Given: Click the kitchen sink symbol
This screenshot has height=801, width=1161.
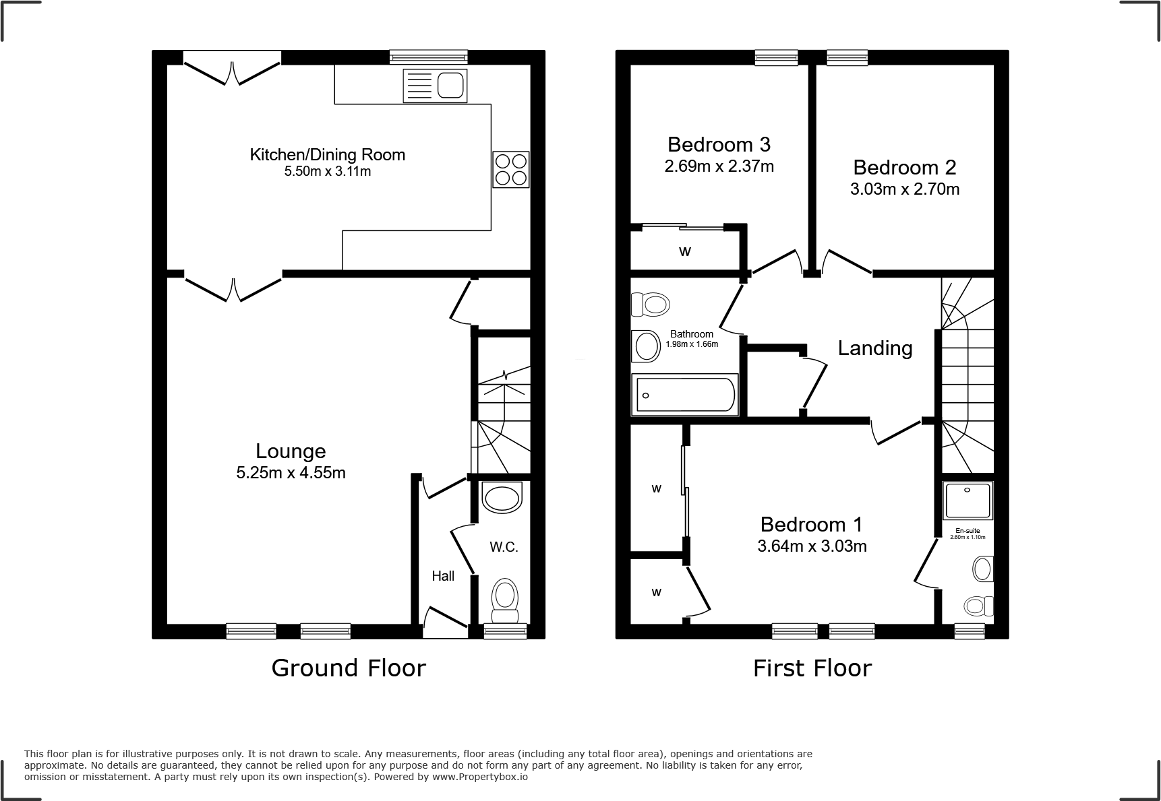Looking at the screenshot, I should tap(435, 86).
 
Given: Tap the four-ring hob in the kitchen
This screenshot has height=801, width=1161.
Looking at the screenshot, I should tap(510, 169).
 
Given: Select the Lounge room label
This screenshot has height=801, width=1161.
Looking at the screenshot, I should tap(291, 451).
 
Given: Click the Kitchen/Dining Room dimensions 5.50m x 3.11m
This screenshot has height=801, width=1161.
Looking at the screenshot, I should tap(328, 172).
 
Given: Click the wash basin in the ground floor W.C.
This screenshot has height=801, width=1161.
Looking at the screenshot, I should tap(503, 498).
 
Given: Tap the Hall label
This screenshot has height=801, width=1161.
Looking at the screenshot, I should tap(443, 576).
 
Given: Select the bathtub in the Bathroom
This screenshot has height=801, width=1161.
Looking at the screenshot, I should tap(684, 395).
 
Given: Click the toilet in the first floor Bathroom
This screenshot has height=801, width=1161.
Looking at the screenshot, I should tap(651, 305).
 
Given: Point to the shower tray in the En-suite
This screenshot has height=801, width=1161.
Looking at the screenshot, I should tap(968, 501).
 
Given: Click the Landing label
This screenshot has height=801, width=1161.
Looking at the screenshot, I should tap(874, 348).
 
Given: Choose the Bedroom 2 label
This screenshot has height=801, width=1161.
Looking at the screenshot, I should tap(904, 167).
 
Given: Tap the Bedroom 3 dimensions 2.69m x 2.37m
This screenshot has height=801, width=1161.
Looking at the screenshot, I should tap(719, 166).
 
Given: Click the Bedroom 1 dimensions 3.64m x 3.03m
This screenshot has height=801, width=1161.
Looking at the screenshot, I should tap(812, 546).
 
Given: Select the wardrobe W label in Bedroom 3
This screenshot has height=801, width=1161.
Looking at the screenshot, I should tap(685, 252).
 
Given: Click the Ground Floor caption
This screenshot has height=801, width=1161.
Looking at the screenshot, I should tap(349, 668).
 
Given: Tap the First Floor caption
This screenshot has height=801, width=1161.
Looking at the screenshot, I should tap(812, 668).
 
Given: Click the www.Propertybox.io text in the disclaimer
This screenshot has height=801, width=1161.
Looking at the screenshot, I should tap(479, 777).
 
